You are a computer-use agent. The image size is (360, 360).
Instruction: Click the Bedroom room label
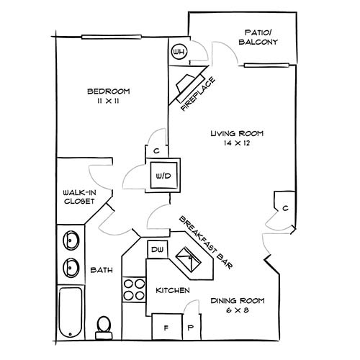tap(108, 91)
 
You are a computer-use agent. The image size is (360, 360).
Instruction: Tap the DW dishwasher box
tap(157, 250)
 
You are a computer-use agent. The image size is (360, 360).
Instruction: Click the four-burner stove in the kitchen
tap(132, 289)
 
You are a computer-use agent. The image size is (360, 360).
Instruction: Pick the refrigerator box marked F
tap(166, 326)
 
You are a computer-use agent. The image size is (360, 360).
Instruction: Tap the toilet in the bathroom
tap(104, 327)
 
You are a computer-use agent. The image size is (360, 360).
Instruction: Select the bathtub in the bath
tap(70, 312)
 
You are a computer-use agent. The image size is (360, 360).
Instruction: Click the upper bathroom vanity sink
tap(71, 240)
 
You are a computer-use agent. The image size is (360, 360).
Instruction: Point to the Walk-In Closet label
tap(78, 197)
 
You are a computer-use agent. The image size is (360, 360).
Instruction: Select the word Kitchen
tap(173, 290)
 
